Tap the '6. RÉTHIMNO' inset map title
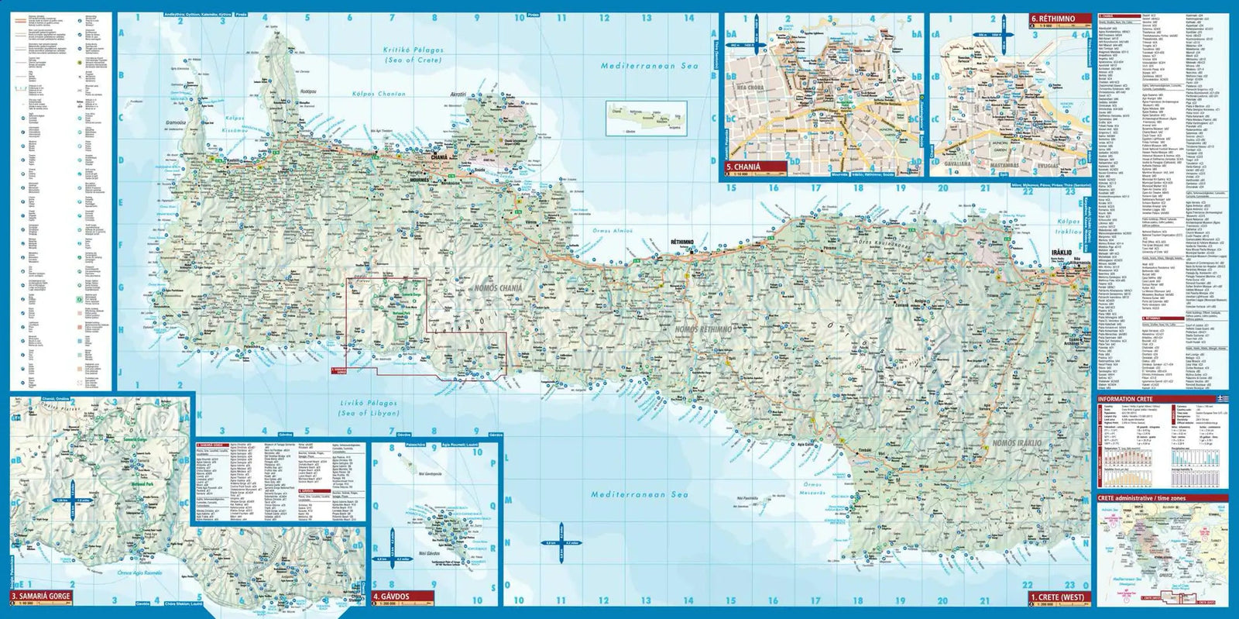[x=1058, y=19]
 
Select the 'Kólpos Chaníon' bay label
[x=379, y=94]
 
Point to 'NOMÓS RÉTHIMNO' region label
[x=703, y=329]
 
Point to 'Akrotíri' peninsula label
[x=458, y=95]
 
